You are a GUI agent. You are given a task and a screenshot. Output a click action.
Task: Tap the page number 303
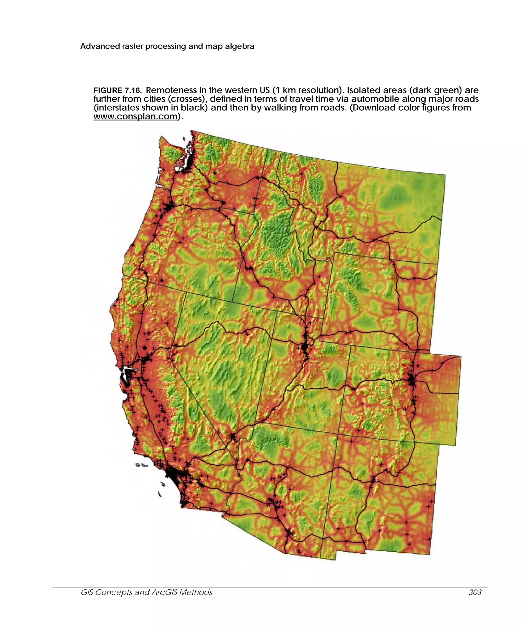click(x=475, y=592)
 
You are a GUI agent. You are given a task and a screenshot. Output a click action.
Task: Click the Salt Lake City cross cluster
click(x=305, y=347)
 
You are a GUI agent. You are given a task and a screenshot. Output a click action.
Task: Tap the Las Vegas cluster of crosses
click(x=233, y=437)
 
